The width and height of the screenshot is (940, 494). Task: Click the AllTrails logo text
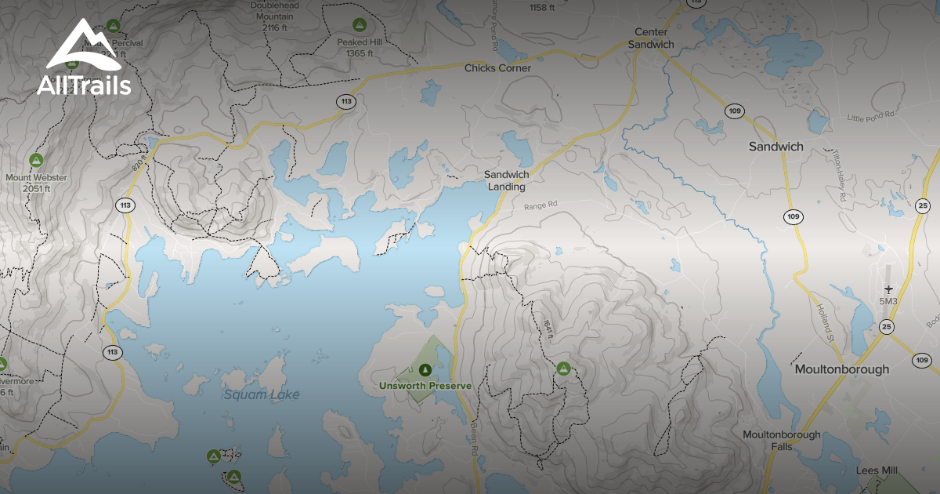pos(84,85)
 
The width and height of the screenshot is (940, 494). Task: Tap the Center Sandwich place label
pos(651,38)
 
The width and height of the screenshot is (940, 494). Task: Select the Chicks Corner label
pos(497,68)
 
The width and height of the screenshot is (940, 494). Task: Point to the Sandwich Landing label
pos(506,180)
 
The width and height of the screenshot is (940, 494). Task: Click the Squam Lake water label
pos(262,394)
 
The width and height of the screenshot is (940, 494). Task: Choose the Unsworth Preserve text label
pos(425,386)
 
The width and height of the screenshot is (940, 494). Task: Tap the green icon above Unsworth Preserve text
pos(425,369)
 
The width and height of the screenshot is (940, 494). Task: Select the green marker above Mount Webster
pos(35,161)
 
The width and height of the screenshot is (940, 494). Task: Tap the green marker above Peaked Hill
pos(359,24)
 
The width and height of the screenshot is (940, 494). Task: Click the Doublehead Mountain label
pos(275,16)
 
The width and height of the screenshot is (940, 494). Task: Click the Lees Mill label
pos(877,470)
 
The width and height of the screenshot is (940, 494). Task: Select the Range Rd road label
pos(540,205)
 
